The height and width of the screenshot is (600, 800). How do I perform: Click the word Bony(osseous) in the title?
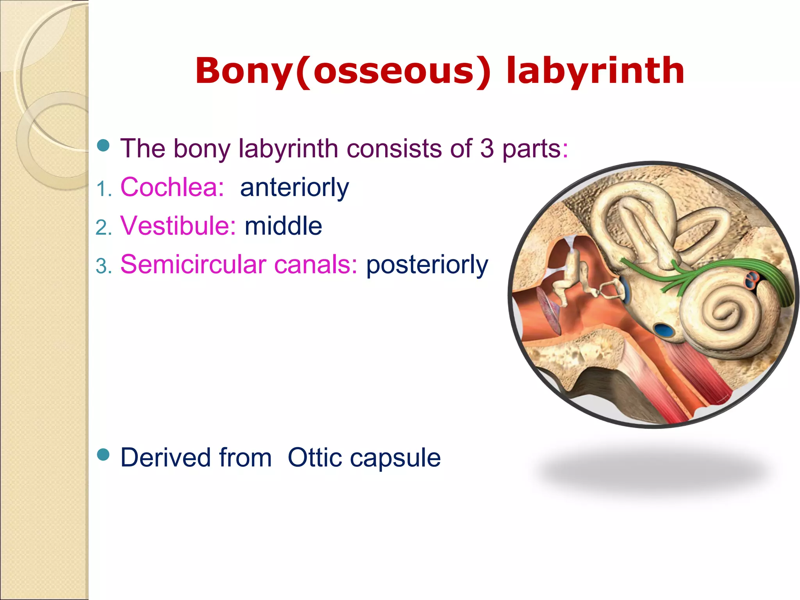click(343, 71)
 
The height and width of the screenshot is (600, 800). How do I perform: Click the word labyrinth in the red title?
click(595, 71)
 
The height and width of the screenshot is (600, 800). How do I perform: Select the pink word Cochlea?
click(172, 187)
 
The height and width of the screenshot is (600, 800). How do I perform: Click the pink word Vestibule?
click(178, 226)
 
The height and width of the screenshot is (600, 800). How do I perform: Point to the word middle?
click(283, 226)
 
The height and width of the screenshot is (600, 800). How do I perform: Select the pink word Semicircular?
click(193, 265)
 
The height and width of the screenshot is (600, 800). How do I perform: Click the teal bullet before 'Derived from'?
click(103, 455)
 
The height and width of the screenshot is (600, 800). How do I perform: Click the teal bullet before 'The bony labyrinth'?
click(103, 146)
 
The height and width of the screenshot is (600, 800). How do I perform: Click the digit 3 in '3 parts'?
click(487, 149)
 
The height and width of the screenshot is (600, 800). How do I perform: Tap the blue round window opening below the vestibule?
click(664, 330)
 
